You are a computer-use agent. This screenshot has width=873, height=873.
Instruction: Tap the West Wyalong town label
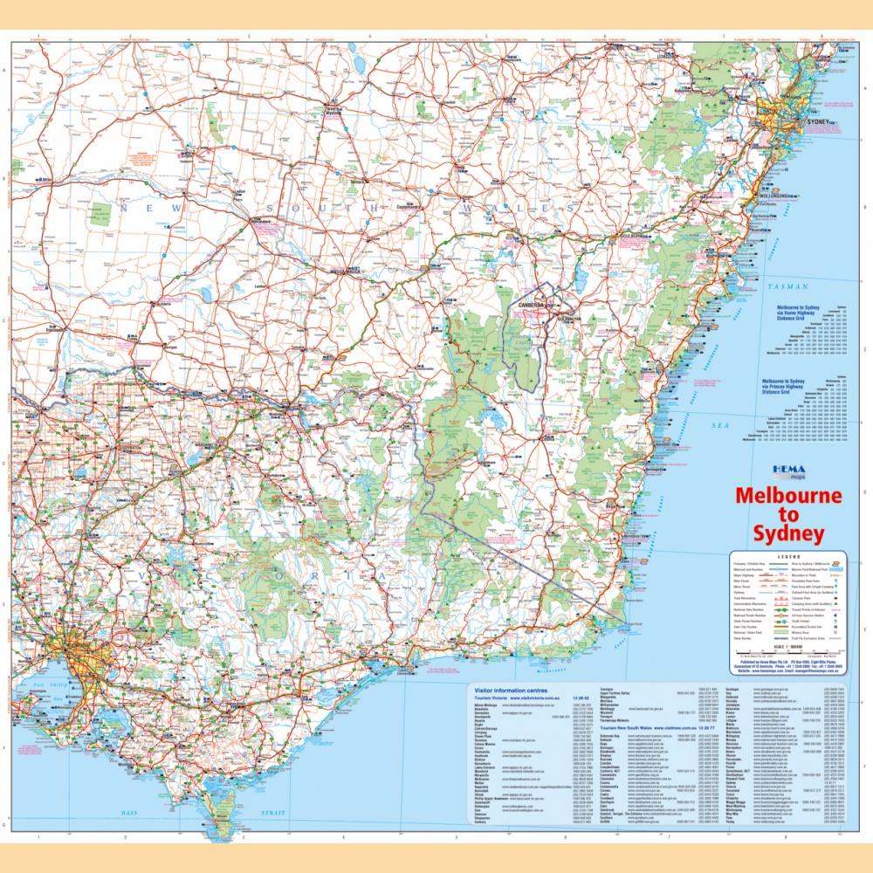(x=333, y=112)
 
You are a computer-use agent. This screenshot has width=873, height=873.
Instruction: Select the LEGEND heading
(x=789, y=556)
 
